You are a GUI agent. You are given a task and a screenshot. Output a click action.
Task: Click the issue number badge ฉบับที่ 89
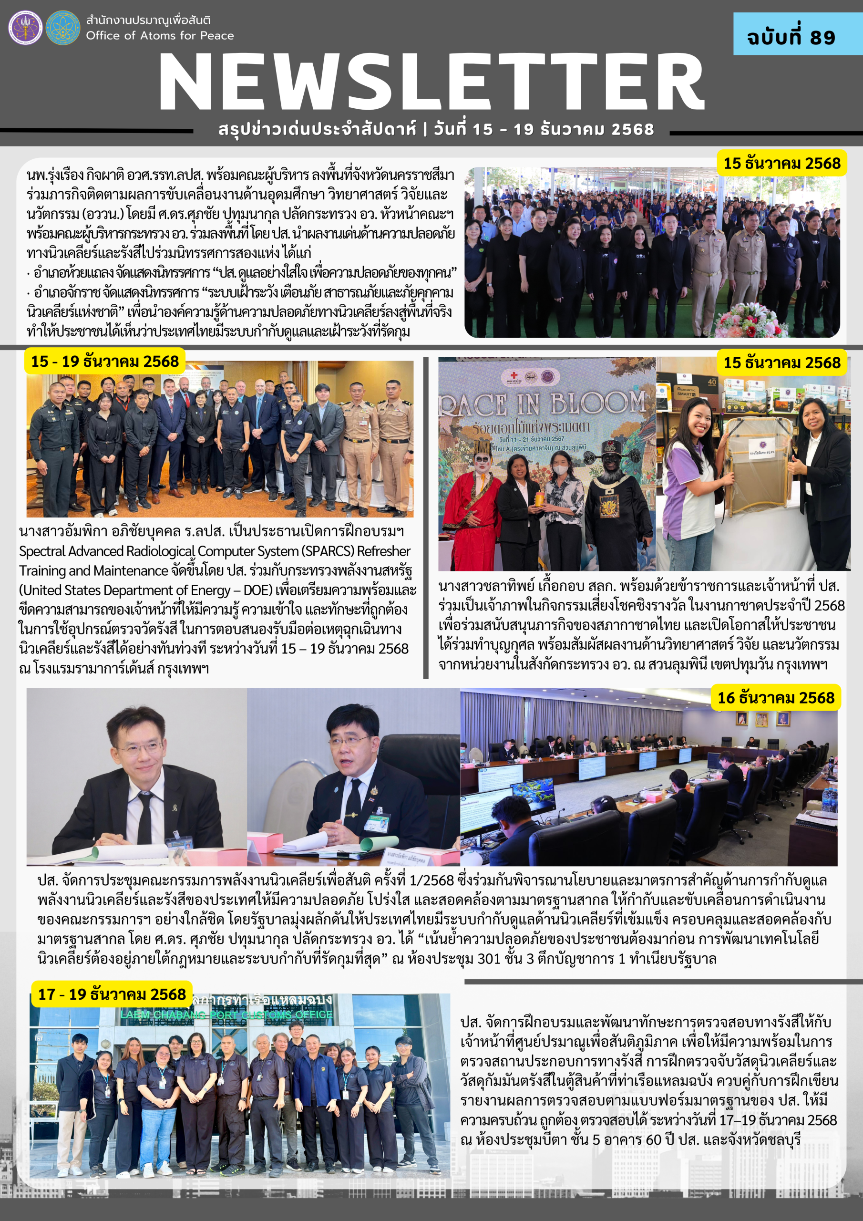pyautogui.click(x=791, y=37)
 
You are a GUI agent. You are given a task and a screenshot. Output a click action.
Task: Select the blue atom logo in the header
pyautogui.click(x=63, y=28)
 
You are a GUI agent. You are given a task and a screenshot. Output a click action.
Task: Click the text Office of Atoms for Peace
pyautogui.click(x=160, y=36)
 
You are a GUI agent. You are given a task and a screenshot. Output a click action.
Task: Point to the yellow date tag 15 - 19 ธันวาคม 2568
pyautogui.click(x=105, y=362)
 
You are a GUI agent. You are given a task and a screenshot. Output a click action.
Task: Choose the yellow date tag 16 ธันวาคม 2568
pyautogui.click(x=776, y=698)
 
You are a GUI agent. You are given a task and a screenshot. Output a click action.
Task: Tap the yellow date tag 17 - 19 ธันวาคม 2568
pyautogui.click(x=112, y=994)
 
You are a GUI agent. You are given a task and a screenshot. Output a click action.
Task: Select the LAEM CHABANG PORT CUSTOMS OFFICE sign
pyautogui.click(x=226, y=1014)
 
